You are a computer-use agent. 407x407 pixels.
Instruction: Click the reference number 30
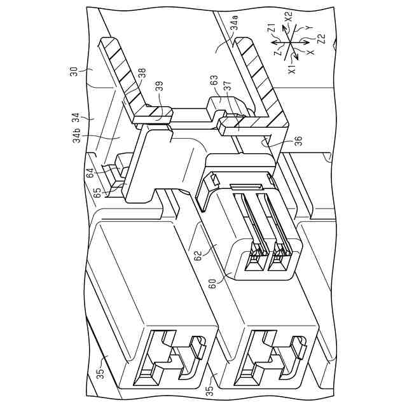click(74, 72)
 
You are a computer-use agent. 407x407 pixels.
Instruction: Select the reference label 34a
click(235, 24)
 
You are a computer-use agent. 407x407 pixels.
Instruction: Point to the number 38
click(142, 74)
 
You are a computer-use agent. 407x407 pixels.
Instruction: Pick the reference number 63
click(214, 81)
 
